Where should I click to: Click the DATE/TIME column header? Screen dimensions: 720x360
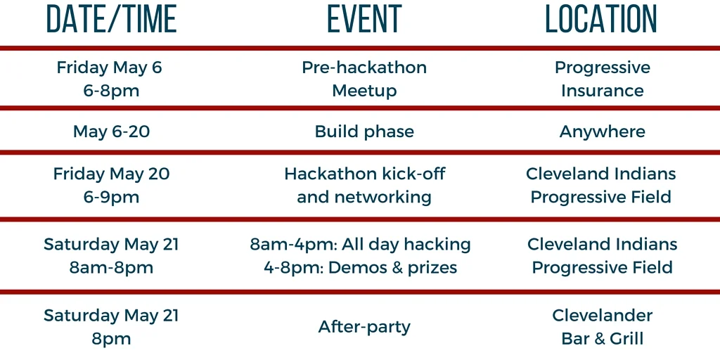112,18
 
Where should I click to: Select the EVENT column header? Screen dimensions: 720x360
365,18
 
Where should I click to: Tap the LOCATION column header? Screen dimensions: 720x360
602,18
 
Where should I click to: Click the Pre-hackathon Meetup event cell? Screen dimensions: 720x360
364,79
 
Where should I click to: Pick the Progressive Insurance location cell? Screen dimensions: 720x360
603,79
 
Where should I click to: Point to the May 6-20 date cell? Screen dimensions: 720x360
112,131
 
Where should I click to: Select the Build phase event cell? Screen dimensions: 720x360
364,131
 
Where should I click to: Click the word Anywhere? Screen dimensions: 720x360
603,131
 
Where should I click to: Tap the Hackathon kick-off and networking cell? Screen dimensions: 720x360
365,186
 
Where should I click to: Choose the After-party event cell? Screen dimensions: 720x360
364,327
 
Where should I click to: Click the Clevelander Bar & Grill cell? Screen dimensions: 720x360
603,327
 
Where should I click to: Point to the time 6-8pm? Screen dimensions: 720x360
112,91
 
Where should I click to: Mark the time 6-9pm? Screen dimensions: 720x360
112,198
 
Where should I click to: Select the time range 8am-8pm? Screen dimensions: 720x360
112,268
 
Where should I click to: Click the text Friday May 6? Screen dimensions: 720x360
110,68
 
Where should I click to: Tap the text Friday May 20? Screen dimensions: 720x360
112,174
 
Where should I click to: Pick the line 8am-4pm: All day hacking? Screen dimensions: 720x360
361,244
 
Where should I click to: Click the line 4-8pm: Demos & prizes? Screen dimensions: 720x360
361,268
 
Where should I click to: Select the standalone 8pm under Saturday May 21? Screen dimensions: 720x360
112,339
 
